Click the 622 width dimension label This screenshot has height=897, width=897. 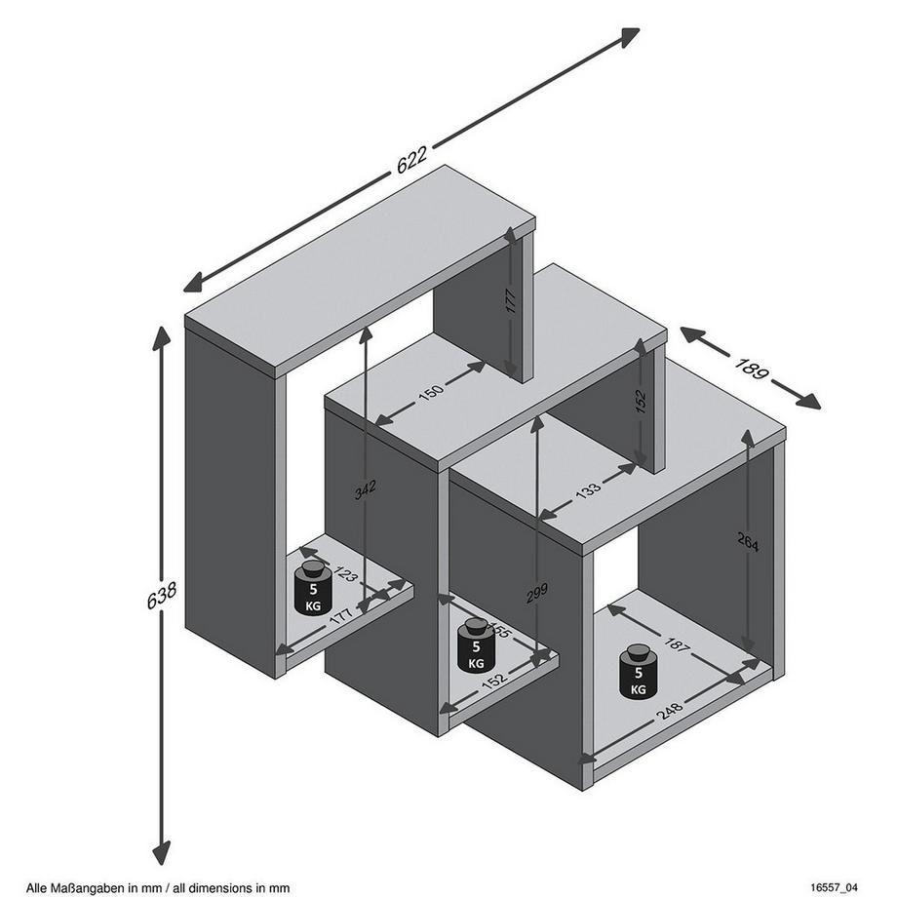(411, 164)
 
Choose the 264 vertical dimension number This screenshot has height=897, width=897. (748, 541)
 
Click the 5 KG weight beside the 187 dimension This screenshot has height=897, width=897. (638, 672)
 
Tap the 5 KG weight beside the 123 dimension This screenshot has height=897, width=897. (313, 589)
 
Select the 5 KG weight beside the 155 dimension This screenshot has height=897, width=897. (476, 645)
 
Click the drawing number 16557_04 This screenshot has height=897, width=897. (835, 887)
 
